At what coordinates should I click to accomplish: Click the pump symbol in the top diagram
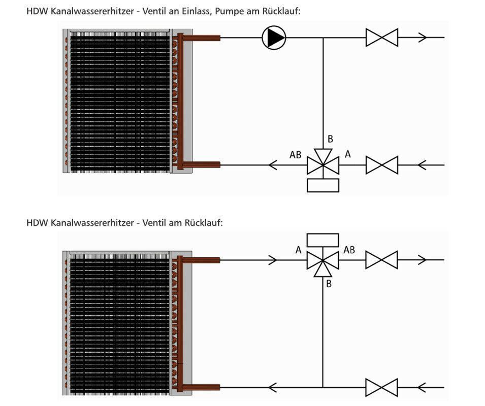(x=274, y=37)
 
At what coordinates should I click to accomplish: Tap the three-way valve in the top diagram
(x=323, y=165)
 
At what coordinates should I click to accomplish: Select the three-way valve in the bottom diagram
(x=323, y=260)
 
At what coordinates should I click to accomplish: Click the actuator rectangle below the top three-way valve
(x=323, y=185)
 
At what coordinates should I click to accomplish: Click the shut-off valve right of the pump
(x=382, y=37)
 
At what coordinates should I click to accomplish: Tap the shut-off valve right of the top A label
(x=382, y=165)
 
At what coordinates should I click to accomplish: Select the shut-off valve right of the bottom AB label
(x=382, y=260)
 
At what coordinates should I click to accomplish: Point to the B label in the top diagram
(x=330, y=139)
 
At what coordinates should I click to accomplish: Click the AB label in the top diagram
(x=296, y=155)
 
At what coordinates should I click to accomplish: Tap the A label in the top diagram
(x=348, y=154)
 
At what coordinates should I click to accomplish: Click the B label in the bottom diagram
(x=329, y=284)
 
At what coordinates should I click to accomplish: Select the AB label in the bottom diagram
(x=349, y=250)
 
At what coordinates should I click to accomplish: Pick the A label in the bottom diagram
(x=298, y=250)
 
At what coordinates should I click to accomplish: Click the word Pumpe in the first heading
(x=231, y=11)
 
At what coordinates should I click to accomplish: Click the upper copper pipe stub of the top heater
(x=203, y=37)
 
